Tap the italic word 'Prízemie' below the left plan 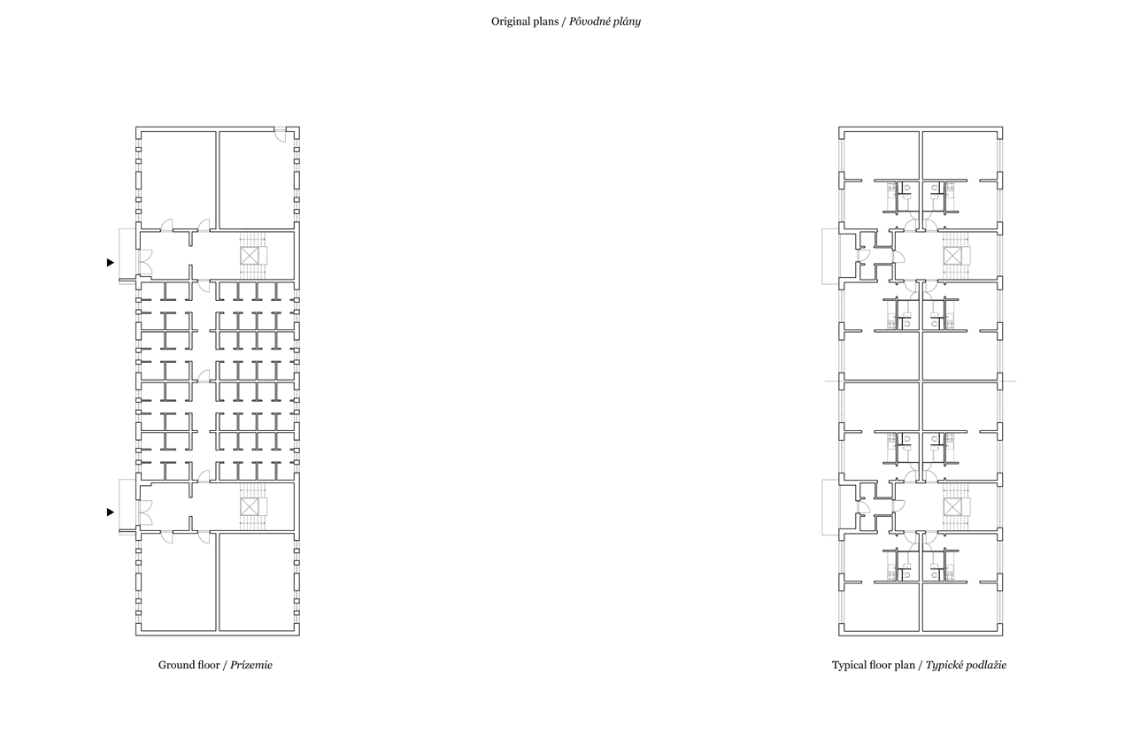pos(251,665)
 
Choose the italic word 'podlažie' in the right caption pos(986,666)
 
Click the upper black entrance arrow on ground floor pos(111,263)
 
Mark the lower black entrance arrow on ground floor pos(111,512)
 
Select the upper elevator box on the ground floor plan pos(250,256)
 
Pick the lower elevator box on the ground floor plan pos(250,506)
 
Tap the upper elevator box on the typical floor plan pos(952,256)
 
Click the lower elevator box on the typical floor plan pos(952,506)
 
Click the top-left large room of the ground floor pos(178,180)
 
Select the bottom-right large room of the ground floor pos(257,582)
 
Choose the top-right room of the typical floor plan pos(960,155)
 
